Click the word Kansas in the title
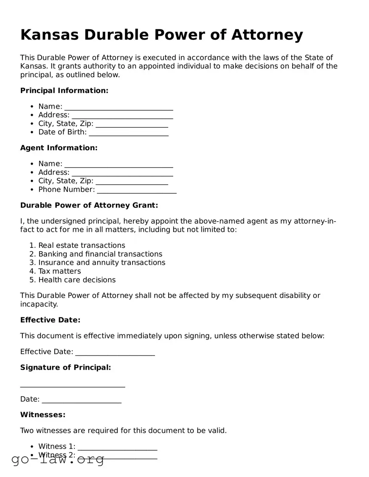pos(49,35)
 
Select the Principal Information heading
pos(64,90)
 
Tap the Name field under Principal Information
pos(118,107)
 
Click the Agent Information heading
pos(59,148)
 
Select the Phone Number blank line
pos(136,191)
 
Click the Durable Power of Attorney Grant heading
pos(89,205)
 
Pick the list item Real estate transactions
pos(82,245)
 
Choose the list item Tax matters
pos(59,271)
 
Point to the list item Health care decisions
pos(77,280)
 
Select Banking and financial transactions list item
pos(100,254)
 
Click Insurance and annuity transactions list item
pos(102,263)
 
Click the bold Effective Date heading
pos(50,320)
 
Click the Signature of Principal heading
pos(65,368)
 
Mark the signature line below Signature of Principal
pos(73,385)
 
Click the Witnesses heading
pos(43,415)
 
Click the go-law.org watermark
pos(58,460)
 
